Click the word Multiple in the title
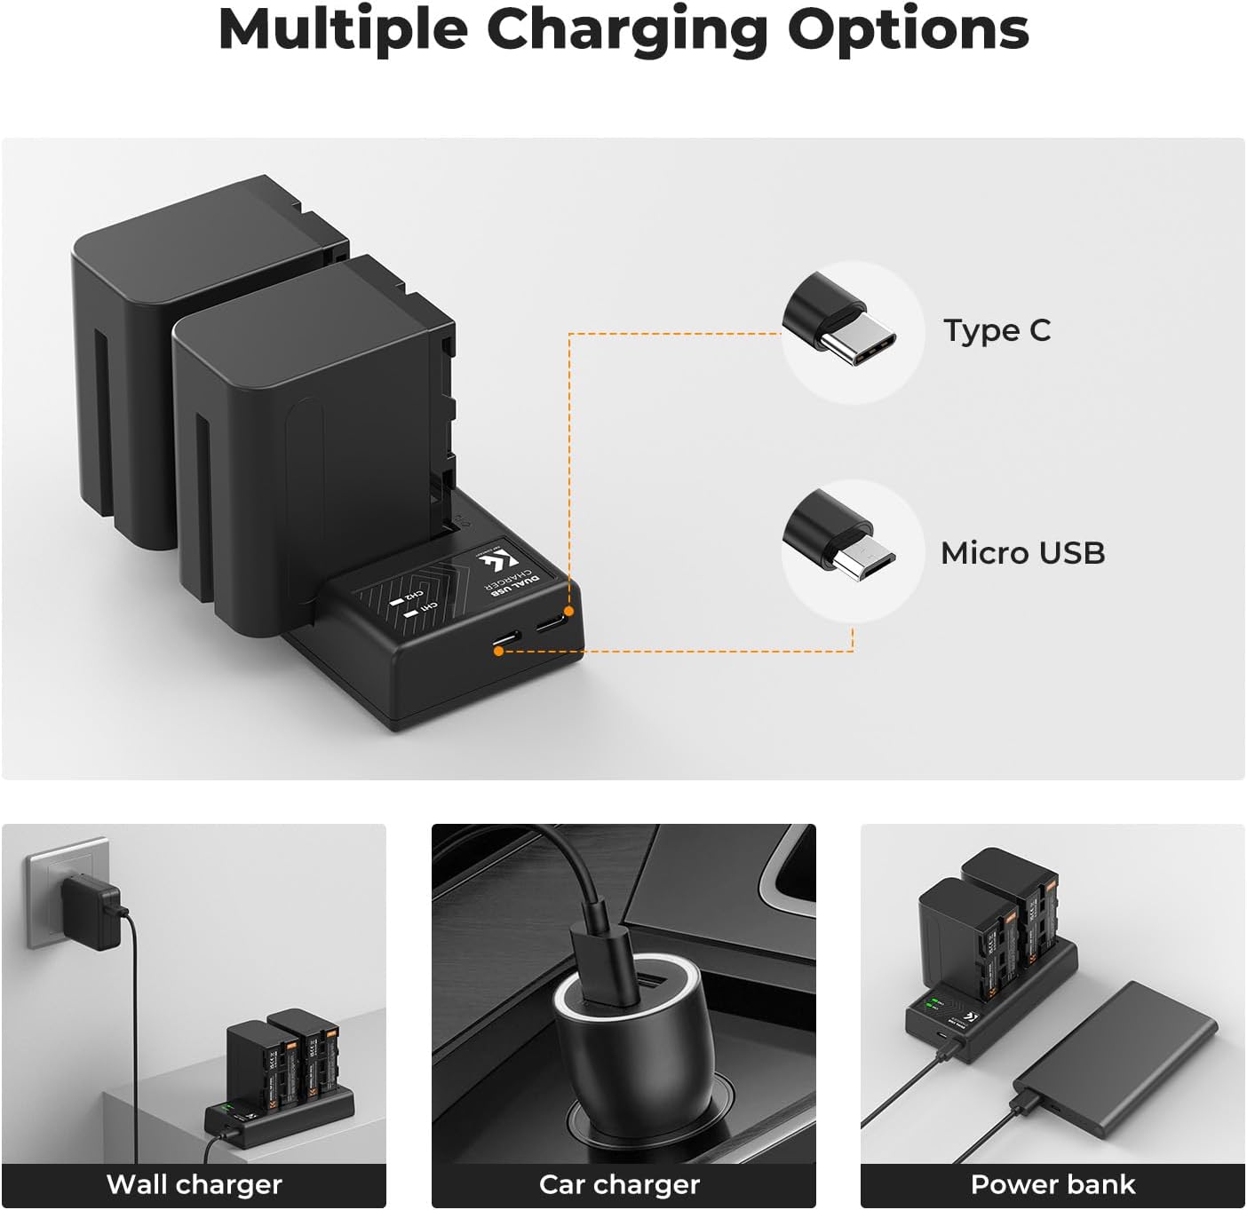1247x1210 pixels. [x=342, y=29]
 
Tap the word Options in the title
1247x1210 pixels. [x=908, y=29]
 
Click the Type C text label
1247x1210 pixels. [x=997, y=330]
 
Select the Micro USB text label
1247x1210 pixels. [x=1022, y=553]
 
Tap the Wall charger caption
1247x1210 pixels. [x=194, y=1184]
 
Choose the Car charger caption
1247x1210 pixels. [x=619, y=1184]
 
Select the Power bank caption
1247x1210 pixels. [x=1052, y=1184]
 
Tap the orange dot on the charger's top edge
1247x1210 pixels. [x=569, y=612]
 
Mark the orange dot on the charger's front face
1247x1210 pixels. [x=499, y=651]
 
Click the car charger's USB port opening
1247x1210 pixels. [x=624, y=985]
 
